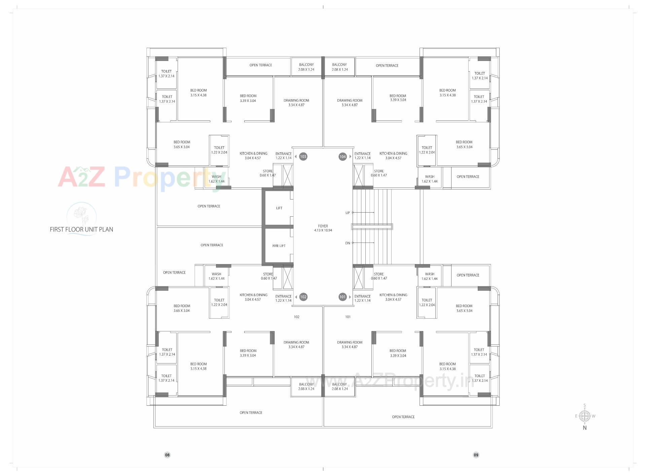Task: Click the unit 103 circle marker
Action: [303, 156]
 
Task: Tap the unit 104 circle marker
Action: [343, 156]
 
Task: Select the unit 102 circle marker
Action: [303, 297]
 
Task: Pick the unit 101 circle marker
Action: [343, 297]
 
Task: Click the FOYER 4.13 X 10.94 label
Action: [323, 228]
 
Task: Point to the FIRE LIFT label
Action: [279, 246]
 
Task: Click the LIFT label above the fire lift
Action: [279, 208]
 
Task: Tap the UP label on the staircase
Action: [348, 213]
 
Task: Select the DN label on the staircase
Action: [348, 243]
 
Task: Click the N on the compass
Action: [585, 428]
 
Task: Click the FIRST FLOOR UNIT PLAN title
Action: [81, 229]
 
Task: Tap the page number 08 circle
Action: [167, 455]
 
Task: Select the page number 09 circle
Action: [476, 455]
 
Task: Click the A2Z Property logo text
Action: [141, 177]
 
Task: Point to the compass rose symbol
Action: [585, 416]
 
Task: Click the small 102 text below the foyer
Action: [296, 317]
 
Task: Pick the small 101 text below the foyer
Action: [348, 317]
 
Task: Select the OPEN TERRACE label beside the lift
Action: [209, 206]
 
